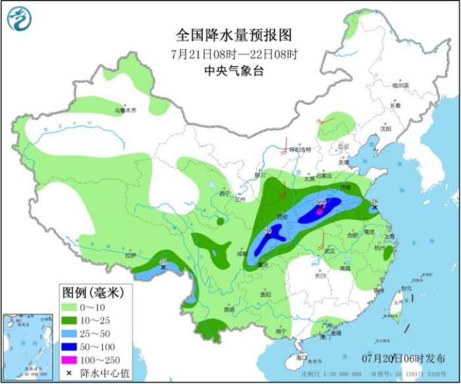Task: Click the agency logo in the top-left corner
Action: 20,19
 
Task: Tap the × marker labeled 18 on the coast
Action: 375,207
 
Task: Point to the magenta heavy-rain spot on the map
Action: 320,211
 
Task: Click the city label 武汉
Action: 330,251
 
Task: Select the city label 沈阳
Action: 386,129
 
